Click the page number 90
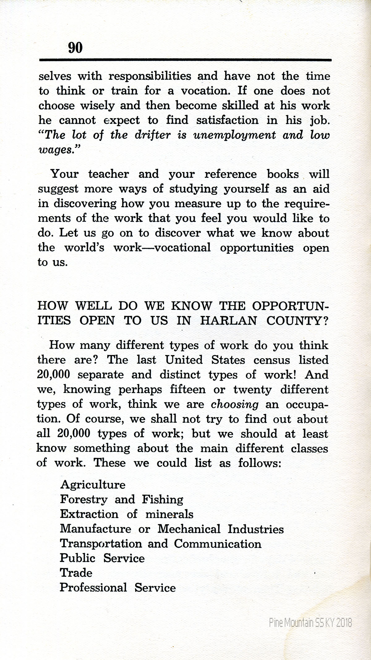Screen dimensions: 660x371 (x=75, y=48)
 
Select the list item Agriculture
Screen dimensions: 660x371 (x=93, y=485)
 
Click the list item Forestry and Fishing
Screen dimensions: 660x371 (x=122, y=499)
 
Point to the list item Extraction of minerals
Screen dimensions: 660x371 (x=126, y=514)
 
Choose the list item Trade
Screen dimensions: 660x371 (x=76, y=573)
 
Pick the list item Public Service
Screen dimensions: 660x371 (x=102, y=558)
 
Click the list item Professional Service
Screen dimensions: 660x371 (x=117, y=588)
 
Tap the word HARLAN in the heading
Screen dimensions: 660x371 (x=228, y=320)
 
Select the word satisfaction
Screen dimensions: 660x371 (x=227, y=120)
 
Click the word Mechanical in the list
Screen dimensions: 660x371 (x=189, y=529)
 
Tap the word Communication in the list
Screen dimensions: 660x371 (x=217, y=544)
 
